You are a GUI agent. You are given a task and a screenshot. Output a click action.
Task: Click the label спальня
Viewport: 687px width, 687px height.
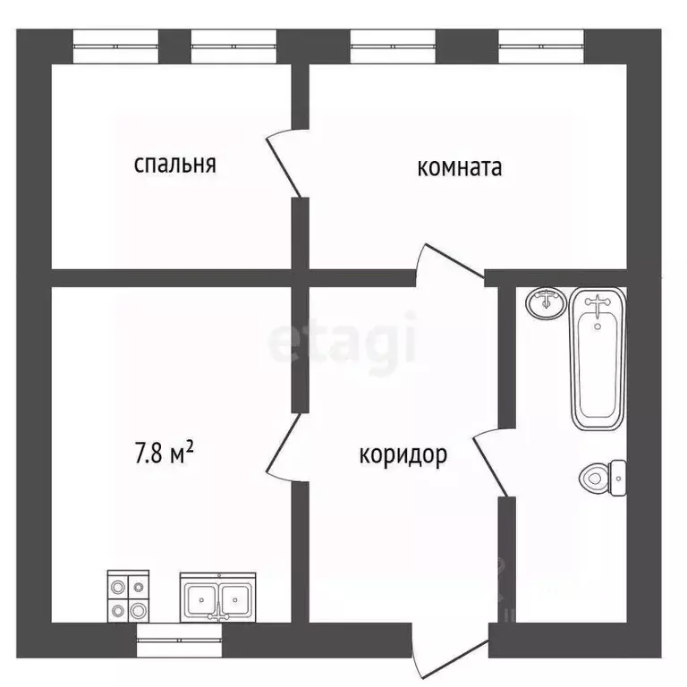(175, 165)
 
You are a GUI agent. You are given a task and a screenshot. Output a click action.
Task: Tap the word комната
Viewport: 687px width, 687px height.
(460, 167)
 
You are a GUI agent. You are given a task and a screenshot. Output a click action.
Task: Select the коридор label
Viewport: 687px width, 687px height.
(403, 455)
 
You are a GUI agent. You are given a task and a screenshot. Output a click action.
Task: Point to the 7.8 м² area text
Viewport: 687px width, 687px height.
(165, 453)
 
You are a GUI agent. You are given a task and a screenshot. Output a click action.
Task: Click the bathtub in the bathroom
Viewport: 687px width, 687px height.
(598, 358)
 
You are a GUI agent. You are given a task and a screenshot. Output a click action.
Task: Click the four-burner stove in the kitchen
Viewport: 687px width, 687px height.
(127, 597)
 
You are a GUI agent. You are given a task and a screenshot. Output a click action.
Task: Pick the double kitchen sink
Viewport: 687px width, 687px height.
(217, 598)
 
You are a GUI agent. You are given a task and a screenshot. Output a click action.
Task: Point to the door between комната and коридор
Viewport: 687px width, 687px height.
(446, 266)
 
